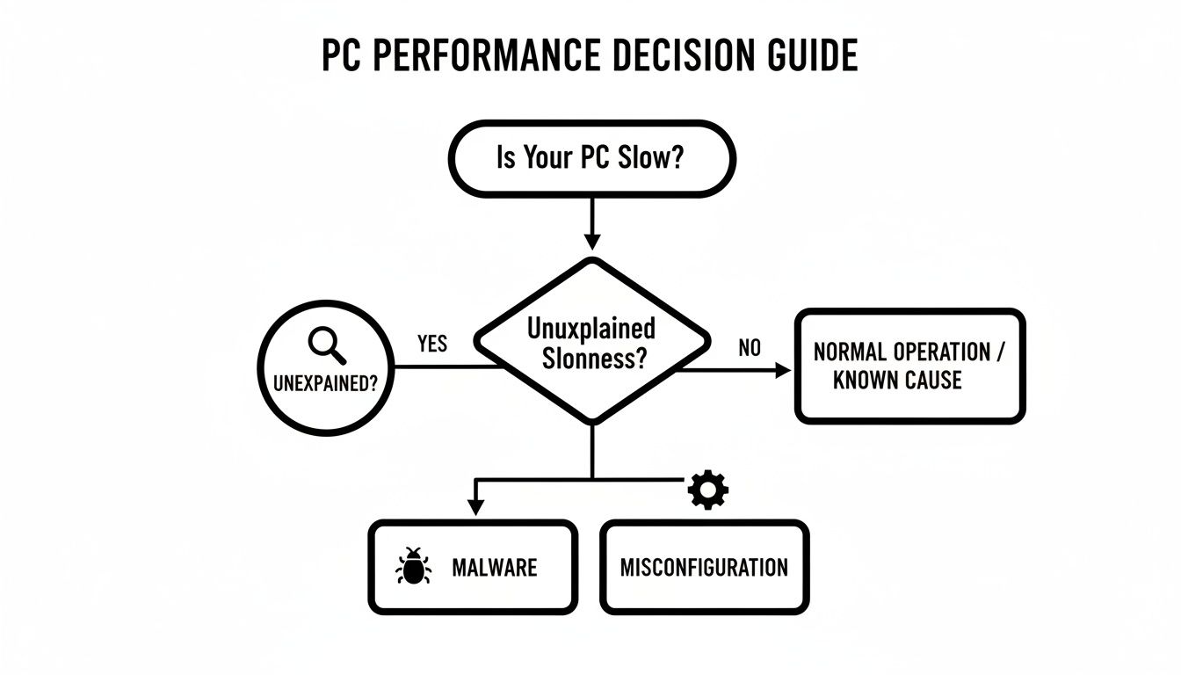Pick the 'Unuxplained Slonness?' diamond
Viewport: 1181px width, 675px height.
tap(591, 342)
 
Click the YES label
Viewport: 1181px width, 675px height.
tap(432, 344)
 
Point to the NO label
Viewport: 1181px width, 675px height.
tap(750, 348)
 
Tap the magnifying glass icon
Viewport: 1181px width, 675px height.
tap(327, 345)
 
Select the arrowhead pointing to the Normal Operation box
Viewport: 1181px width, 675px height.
tap(783, 371)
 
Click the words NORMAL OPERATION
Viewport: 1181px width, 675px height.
tap(902, 352)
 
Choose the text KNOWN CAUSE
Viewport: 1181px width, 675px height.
tap(897, 381)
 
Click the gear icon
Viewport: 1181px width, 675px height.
tap(708, 490)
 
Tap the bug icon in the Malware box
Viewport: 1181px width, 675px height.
tap(413, 567)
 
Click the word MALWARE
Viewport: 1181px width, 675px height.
tap(494, 567)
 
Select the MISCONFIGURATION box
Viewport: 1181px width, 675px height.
tap(704, 567)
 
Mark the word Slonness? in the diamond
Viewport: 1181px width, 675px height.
tap(590, 359)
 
